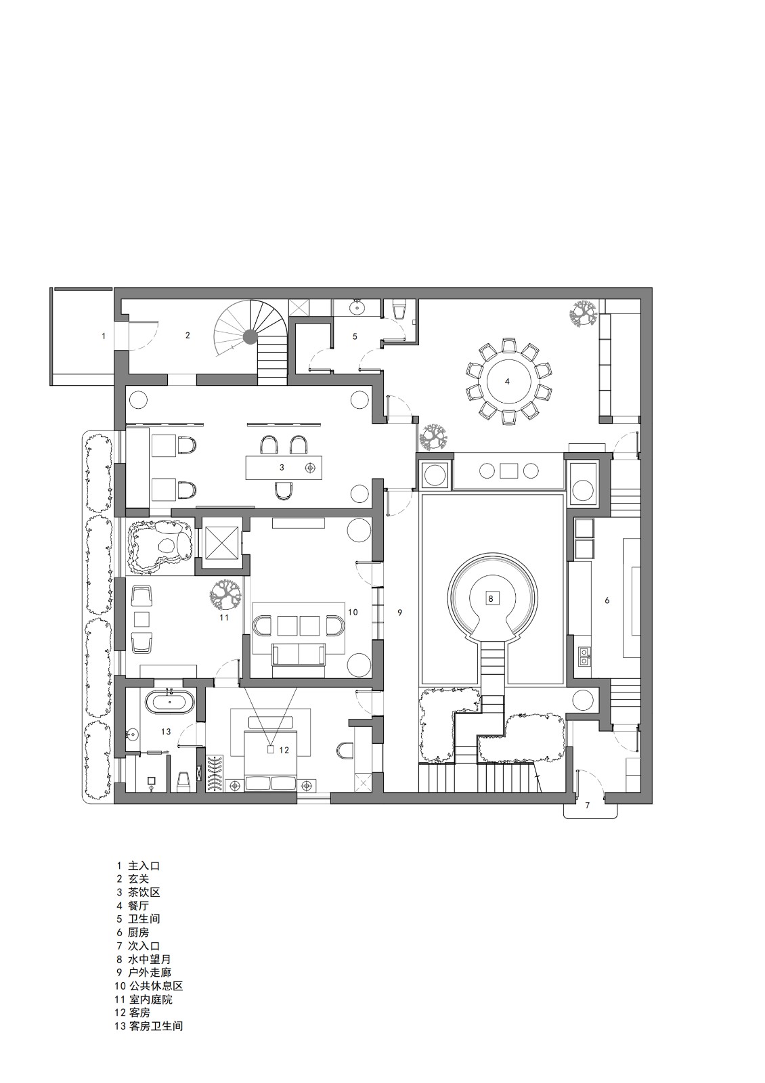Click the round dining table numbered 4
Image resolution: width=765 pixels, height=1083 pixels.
[x=507, y=381]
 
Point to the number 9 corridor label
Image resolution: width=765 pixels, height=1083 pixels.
[x=400, y=613]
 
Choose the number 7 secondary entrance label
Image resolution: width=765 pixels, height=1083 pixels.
[x=588, y=805]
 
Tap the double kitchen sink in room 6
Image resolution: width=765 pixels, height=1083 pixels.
[x=583, y=655]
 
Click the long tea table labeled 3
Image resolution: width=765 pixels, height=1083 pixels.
[x=284, y=467]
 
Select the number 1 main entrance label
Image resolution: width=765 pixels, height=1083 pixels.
[x=104, y=336]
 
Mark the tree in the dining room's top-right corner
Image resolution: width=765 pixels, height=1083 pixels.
[x=581, y=314]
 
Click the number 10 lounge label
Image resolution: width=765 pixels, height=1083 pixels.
[x=353, y=612]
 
